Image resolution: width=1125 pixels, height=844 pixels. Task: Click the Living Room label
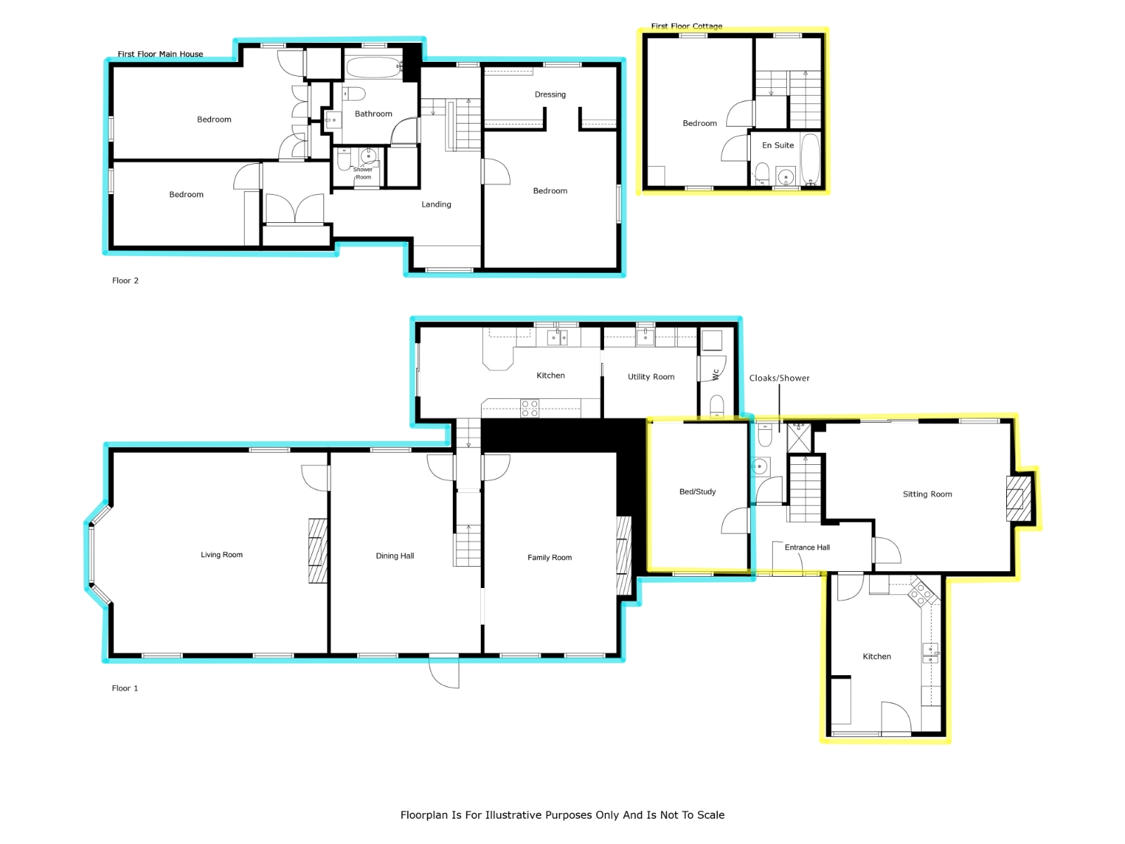[x=221, y=554]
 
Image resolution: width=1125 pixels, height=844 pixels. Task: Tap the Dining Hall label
[x=394, y=556]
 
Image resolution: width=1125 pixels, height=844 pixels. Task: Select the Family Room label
[x=549, y=558]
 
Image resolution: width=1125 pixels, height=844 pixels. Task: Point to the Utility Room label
[x=651, y=377]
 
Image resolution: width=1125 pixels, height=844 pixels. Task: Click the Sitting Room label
[x=927, y=494]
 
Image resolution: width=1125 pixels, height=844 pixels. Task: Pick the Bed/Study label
[x=697, y=492]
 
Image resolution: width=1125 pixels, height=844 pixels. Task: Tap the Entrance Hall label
[x=807, y=547]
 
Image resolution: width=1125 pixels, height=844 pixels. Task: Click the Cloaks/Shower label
[x=779, y=378]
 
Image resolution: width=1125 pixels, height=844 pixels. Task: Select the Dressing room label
[x=550, y=94]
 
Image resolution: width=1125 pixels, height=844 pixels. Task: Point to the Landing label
[x=436, y=205]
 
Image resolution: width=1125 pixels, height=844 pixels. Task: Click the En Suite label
[x=778, y=145]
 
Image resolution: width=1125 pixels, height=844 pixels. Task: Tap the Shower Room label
[x=363, y=173]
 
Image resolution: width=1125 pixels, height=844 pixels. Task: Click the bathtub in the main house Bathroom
[x=374, y=67]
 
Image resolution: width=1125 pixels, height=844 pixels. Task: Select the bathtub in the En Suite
[x=810, y=159]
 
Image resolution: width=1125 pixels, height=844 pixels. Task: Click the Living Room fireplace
[x=318, y=551]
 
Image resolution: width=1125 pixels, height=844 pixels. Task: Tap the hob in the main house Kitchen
[x=529, y=409]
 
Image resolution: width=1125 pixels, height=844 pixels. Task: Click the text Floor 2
[x=125, y=281]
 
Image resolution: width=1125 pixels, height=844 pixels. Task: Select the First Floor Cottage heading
[x=687, y=26]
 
